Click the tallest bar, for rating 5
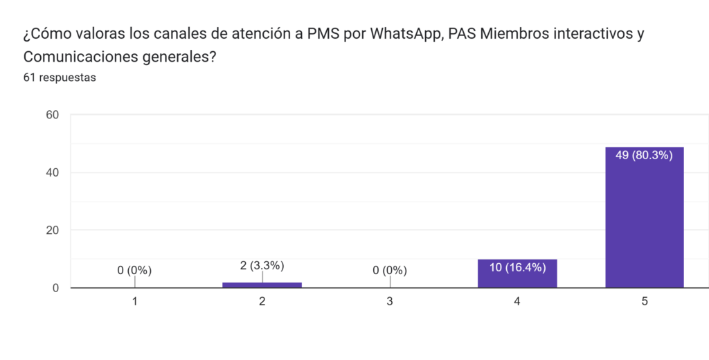pyautogui.click(x=644, y=222)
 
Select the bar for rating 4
pyautogui.click(x=517, y=276)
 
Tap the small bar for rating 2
pyautogui.click(x=262, y=285)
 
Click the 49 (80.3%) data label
pyautogui.click(x=644, y=155)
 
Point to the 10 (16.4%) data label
pyautogui.click(x=517, y=267)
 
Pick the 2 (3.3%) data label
pyautogui.click(x=262, y=265)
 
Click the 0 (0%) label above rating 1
pyautogui.click(x=134, y=270)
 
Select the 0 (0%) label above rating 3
pyautogui.click(x=390, y=270)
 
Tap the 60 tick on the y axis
pyautogui.click(x=51, y=115)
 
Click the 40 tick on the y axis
pyautogui.click(x=51, y=172)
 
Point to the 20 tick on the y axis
pyautogui.click(x=51, y=230)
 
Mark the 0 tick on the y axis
pyautogui.click(x=55, y=288)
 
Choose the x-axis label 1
pyautogui.click(x=135, y=302)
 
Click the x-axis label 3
pyautogui.click(x=390, y=302)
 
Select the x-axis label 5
pyautogui.click(x=645, y=302)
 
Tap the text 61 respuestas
pyautogui.click(x=60, y=78)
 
